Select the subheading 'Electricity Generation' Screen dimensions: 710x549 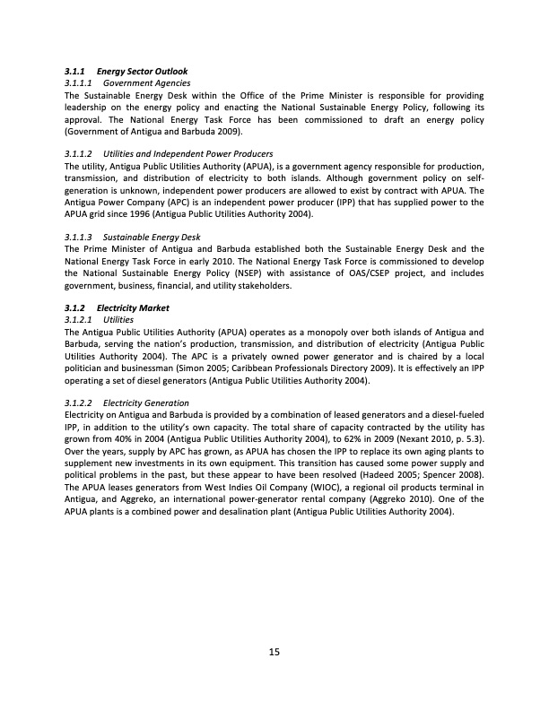(x=146, y=403)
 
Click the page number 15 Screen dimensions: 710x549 (x=274, y=651)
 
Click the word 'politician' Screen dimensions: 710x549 (x=86, y=368)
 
